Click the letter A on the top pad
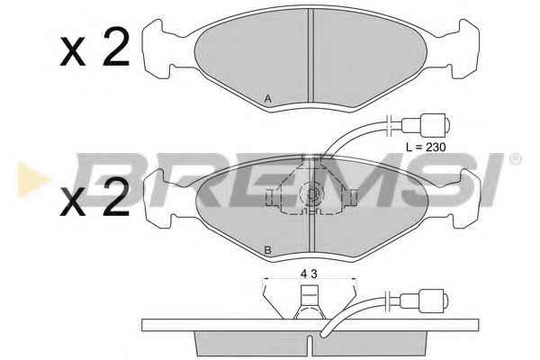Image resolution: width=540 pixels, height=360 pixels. point(268,99)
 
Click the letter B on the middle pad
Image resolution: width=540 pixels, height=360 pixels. point(267,250)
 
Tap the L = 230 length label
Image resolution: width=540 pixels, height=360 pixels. point(426,147)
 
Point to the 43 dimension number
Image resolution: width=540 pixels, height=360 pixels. point(309,274)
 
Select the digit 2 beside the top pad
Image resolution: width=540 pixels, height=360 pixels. point(116,48)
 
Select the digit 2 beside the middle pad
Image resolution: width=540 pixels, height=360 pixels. point(116,197)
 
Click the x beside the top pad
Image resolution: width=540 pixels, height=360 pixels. point(73,51)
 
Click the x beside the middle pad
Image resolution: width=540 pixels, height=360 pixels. point(73,202)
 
